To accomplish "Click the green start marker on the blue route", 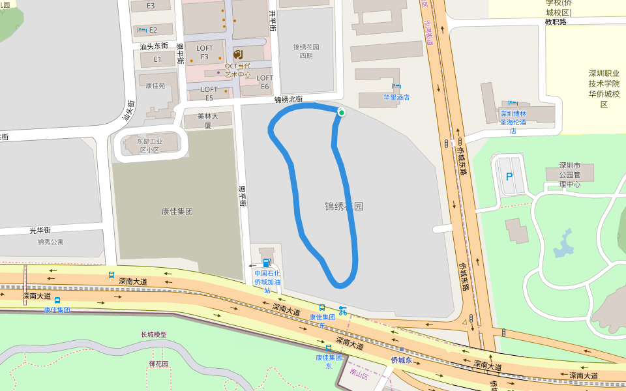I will coord(341,113).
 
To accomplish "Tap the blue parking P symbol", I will coord(509,177).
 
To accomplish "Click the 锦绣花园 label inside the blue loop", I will coord(344,207).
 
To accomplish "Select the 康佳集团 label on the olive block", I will coord(177,211).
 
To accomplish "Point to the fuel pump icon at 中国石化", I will coord(266,263).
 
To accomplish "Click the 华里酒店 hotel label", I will coord(396,97).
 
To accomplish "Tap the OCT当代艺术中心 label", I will coord(238,70).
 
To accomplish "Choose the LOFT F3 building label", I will coord(205,52).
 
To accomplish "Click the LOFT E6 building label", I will coord(265,82).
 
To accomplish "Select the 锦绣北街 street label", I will coord(288,100).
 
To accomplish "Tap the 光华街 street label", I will coord(40,230).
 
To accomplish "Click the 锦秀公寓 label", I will coord(50,242).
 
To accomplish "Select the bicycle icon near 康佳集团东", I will coord(342,311).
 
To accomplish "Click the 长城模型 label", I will coord(154,334).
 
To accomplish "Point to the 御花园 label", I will coord(158,364).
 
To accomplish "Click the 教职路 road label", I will coord(556,22).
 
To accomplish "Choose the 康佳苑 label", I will coord(155,85).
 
